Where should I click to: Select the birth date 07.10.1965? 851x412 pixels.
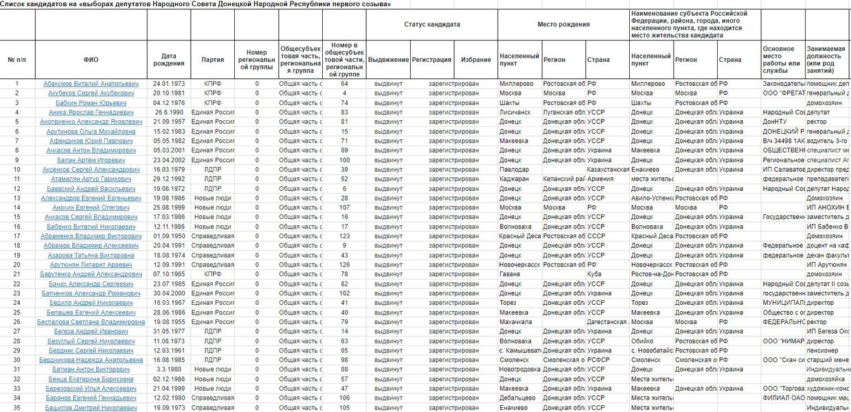(168, 273)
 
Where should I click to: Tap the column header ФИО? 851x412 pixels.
(91, 60)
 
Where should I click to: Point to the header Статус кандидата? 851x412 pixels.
(432, 24)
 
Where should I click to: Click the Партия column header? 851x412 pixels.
(212, 60)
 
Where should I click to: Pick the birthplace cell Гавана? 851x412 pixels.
(510, 273)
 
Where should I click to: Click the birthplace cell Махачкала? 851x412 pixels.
(517, 321)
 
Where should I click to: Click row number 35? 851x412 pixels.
(16, 407)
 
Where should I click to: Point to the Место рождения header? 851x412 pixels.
(563, 24)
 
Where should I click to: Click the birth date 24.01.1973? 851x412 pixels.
(168, 84)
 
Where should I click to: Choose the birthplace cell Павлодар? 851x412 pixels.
(515, 169)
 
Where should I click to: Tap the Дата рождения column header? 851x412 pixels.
(168, 60)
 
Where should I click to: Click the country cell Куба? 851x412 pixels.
(595, 273)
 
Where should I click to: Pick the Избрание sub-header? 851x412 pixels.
(476, 60)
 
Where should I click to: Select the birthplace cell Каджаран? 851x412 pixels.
(516, 179)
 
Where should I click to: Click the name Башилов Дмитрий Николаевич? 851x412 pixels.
(91, 407)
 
